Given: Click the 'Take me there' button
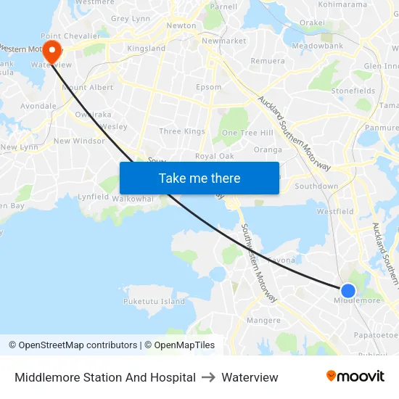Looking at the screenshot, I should [x=199, y=178].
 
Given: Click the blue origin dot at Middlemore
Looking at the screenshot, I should [x=348, y=291].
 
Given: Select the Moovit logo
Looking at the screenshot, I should [x=355, y=377].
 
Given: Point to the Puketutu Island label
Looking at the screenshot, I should [x=154, y=301].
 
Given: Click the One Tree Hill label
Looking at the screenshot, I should [x=247, y=133].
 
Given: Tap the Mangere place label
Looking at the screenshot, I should [x=263, y=320].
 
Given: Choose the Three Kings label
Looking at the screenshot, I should [x=182, y=131].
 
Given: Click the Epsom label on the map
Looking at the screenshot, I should [x=209, y=87].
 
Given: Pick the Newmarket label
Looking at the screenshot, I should [x=223, y=41].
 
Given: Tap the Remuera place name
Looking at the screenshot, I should [x=268, y=61].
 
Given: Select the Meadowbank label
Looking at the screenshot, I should [x=317, y=46].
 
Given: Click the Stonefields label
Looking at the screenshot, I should [x=353, y=91].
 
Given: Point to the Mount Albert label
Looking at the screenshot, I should [x=88, y=88].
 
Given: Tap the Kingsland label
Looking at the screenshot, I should [x=147, y=49].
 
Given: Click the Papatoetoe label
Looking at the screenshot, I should [x=376, y=335].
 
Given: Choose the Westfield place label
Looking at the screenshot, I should [x=335, y=212].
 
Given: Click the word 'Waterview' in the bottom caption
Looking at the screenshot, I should [x=250, y=377].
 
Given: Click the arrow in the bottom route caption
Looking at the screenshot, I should [x=208, y=377].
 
